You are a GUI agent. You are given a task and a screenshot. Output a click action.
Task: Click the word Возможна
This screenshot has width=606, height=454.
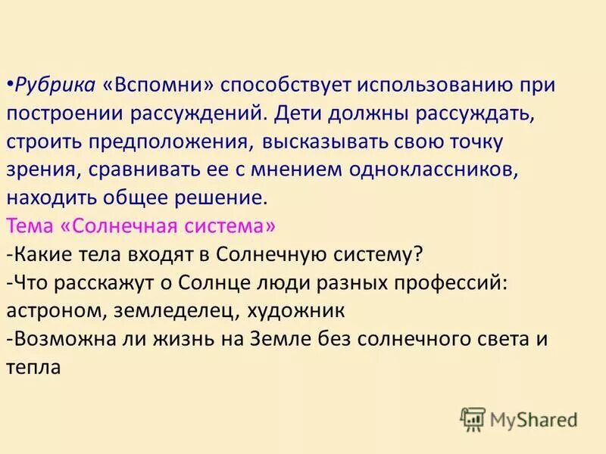(50, 340)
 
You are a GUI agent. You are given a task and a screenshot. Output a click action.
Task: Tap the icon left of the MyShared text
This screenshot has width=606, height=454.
(473, 418)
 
